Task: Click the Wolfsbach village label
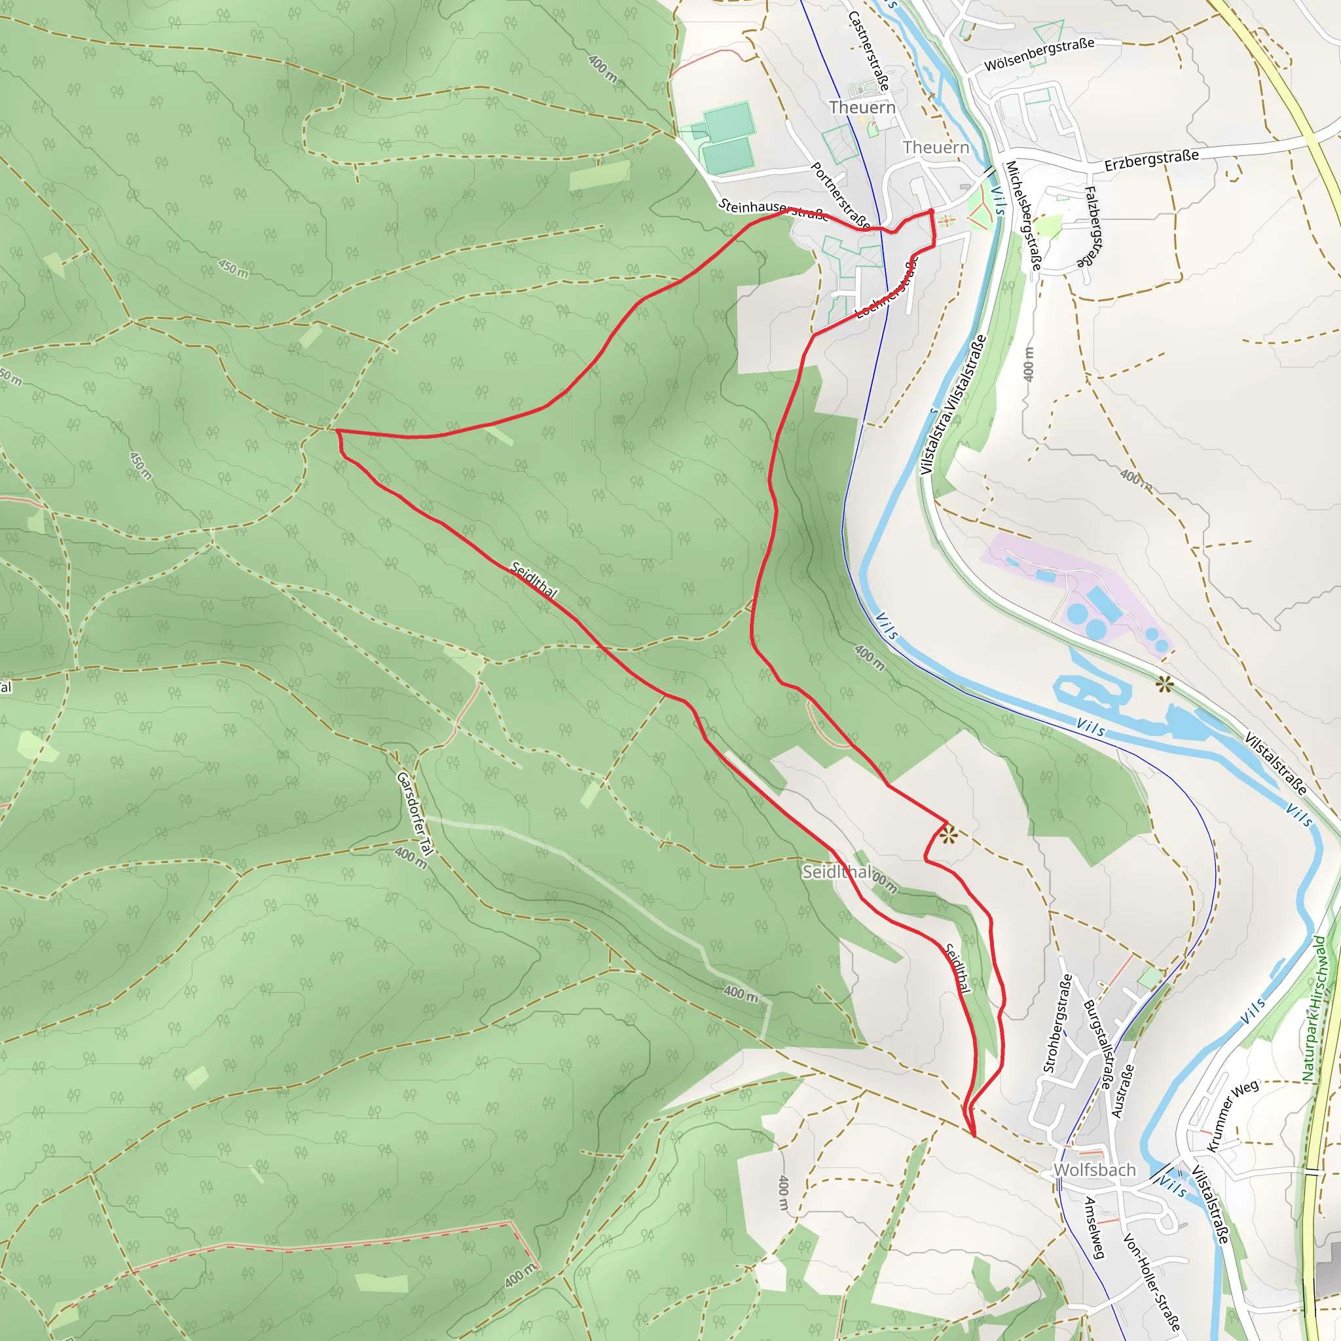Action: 1095,1169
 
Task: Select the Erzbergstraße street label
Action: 1152,160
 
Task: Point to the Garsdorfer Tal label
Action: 415,813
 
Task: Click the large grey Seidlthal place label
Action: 836,872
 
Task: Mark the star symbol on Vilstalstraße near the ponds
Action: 1165,685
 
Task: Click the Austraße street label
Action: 1122,1091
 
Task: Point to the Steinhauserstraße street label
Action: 773,209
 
